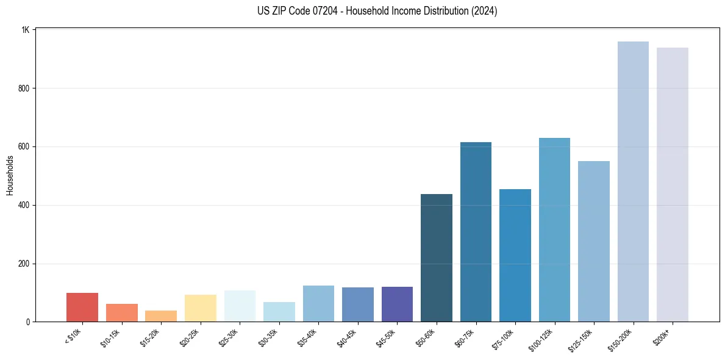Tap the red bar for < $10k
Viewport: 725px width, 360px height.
(x=82, y=308)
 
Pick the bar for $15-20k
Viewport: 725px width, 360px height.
(x=161, y=316)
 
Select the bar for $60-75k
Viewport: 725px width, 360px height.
(x=476, y=232)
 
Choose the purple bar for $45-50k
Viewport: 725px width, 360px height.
(x=397, y=304)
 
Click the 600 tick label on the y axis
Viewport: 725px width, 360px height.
(x=24, y=147)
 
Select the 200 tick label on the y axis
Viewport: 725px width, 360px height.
(x=24, y=264)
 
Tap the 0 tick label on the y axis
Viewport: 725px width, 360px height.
(x=28, y=322)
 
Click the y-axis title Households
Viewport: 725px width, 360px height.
(x=10, y=175)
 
